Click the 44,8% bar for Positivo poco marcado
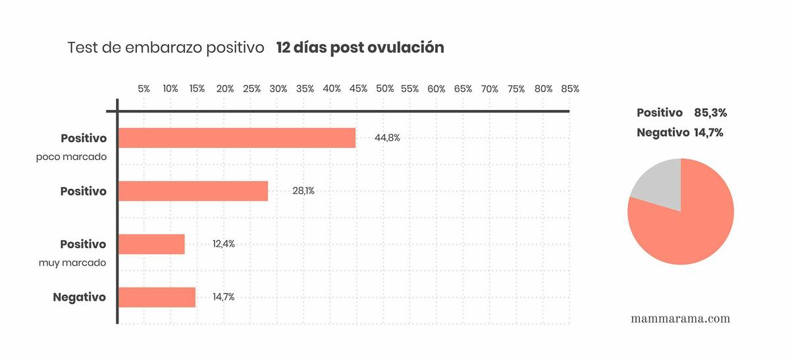coord(237,138)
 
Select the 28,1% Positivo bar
coord(193,191)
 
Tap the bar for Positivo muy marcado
coord(151,244)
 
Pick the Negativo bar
coord(157,297)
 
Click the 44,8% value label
coord(387,138)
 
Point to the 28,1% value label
coord(303,192)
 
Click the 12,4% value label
coord(223,244)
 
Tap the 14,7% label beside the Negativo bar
coord(223,297)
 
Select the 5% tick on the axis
coord(144,89)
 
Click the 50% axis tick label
coord(385,89)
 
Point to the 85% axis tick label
coord(570,89)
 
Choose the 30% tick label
coord(278,89)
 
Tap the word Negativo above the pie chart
coord(662,133)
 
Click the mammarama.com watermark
coord(680,319)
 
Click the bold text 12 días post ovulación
coord(360,48)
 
